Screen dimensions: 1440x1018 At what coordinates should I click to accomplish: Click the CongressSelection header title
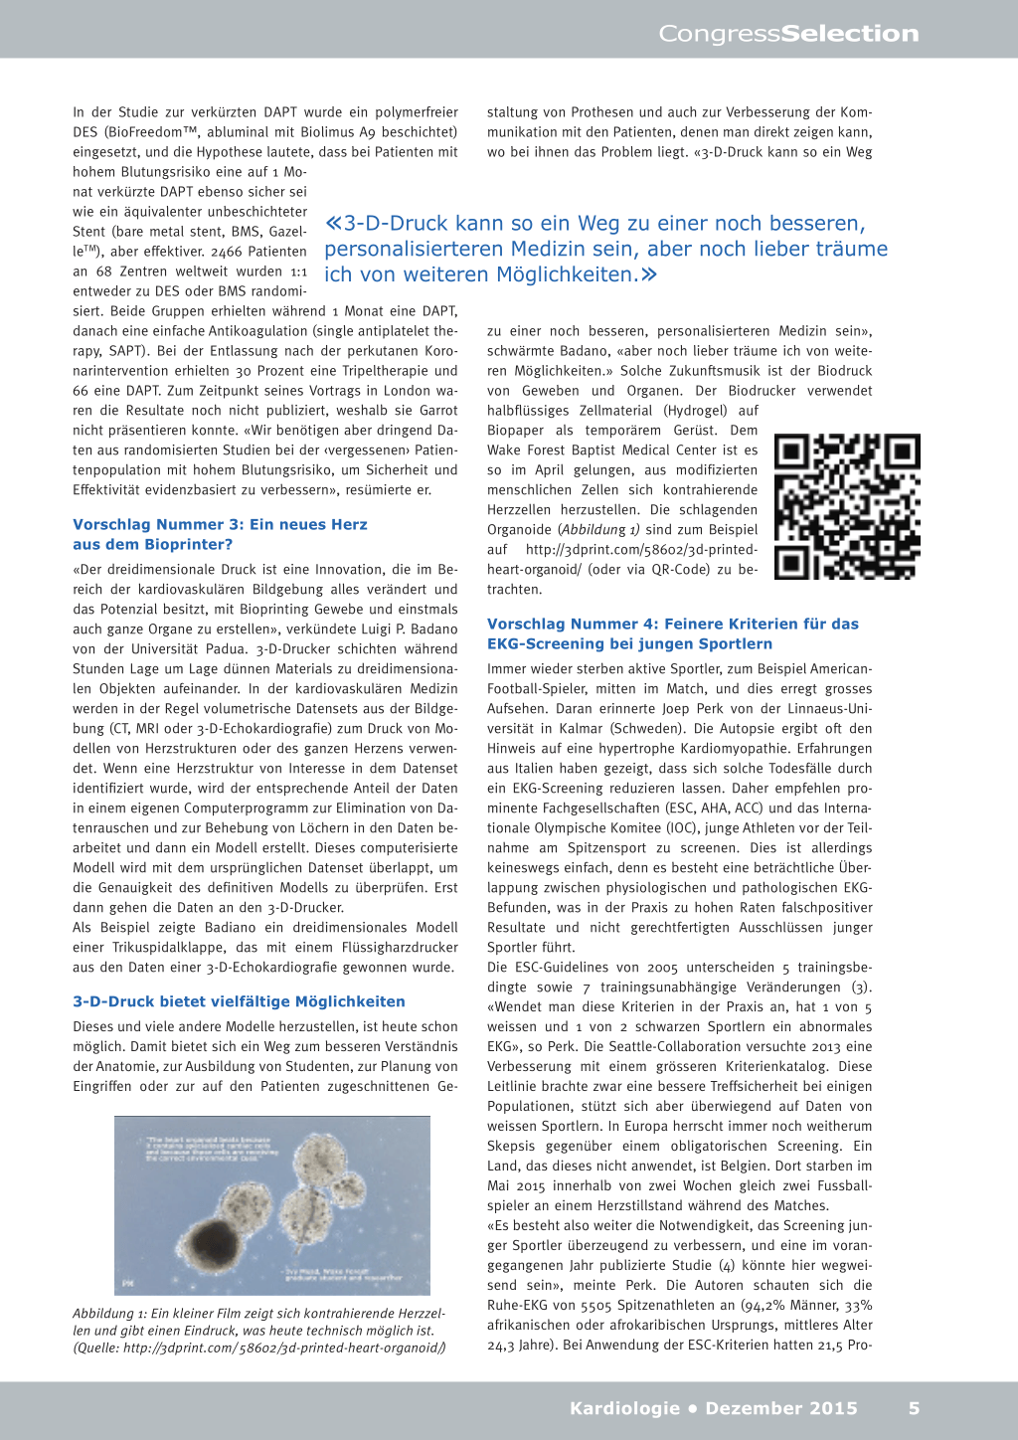[x=788, y=34]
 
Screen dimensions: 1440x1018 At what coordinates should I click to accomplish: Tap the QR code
[x=847, y=506]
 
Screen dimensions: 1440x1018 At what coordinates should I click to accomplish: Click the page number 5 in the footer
[x=914, y=1408]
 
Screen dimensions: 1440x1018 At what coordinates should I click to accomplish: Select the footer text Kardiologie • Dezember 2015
[x=713, y=1408]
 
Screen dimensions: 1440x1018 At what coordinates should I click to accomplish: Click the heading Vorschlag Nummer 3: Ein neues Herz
[x=220, y=524]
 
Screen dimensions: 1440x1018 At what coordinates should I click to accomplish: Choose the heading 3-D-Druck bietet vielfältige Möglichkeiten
[x=239, y=1001]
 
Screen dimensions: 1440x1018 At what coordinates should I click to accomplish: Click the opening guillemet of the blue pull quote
[x=334, y=224]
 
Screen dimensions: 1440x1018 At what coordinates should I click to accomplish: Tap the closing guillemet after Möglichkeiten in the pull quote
[x=649, y=274]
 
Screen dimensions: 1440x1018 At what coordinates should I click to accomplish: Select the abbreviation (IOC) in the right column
[x=681, y=827]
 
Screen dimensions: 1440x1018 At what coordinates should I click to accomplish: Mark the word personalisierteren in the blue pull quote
[x=414, y=249]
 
